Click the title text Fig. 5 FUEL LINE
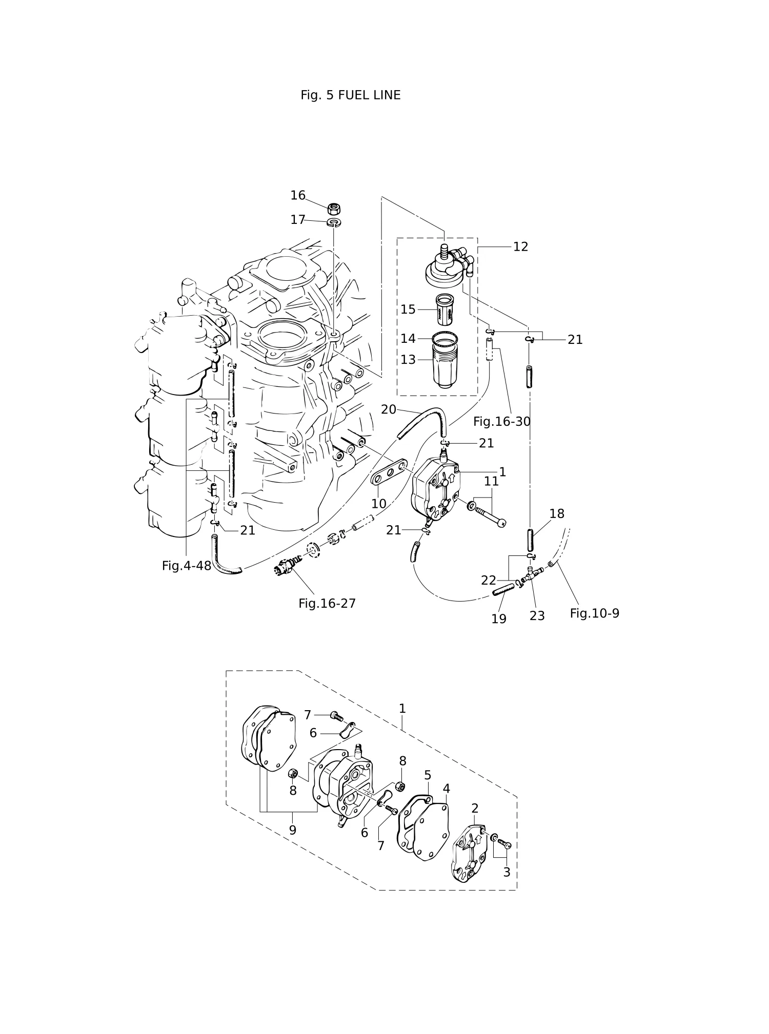[351, 95]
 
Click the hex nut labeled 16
[334, 209]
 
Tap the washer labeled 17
[335, 222]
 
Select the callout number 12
[520, 247]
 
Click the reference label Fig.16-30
[501, 422]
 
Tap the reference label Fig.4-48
[187, 566]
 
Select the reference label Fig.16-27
[327, 604]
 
